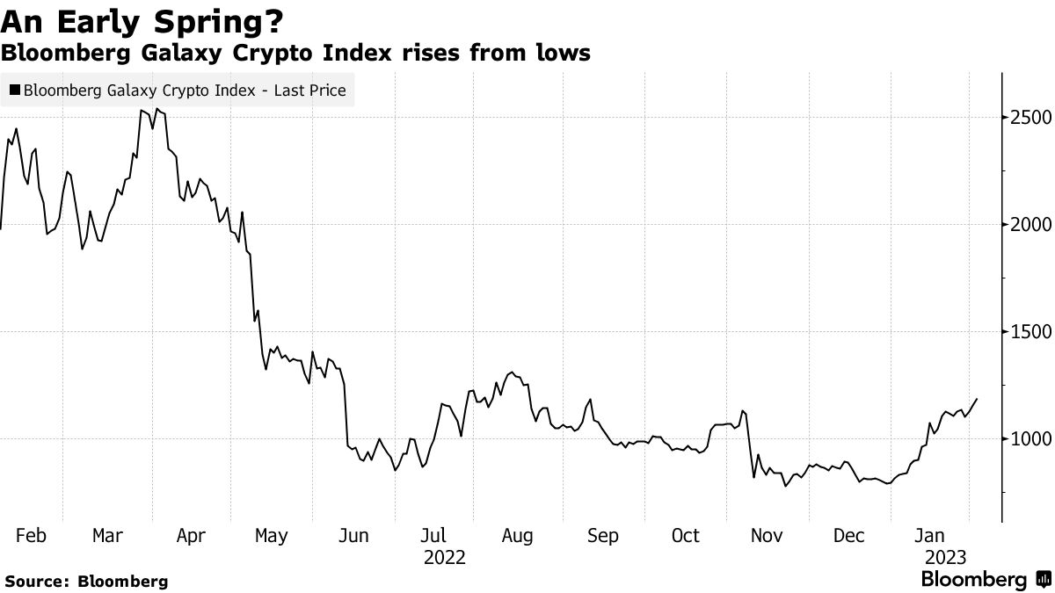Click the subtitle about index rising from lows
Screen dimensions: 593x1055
click(x=295, y=54)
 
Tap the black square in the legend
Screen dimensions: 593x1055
click(x=15, y=90)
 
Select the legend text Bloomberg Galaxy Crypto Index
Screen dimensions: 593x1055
click(x=185, y=90)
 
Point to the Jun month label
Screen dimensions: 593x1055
click(x=354, y=536)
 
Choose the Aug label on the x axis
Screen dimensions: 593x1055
click(x=517, y=536)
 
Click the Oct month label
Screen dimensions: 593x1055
click(x=685, y=536)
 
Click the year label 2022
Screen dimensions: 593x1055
click(x=444, y=557)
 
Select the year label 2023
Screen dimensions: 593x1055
click(x=944, y=557)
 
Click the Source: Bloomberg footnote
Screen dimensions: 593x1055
click(x=85, y=581)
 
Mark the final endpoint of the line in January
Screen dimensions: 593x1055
click(x=977, y=399)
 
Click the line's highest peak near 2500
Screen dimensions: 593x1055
click(x=156, y=109)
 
